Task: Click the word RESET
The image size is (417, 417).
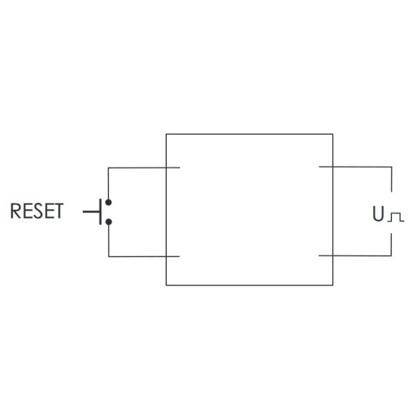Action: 36,211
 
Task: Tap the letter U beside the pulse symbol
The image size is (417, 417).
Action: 378,215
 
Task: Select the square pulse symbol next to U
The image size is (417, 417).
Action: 395,217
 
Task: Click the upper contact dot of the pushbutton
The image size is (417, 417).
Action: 108,202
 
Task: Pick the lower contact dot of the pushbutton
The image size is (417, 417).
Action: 108,222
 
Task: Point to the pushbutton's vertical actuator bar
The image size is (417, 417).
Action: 100,211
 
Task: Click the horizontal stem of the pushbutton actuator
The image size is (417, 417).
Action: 91,211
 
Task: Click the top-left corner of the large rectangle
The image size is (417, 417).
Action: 166,134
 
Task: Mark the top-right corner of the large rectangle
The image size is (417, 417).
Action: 333,134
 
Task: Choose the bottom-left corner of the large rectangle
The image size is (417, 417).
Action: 166,285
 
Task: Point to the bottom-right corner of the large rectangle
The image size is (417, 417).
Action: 333,285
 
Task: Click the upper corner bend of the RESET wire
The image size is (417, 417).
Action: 108,167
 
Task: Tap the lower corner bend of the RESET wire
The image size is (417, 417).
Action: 108,256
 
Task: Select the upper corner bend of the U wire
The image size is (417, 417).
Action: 392,167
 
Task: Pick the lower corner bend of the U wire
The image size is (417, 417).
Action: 392,256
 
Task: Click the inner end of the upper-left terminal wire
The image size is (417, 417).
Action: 179,167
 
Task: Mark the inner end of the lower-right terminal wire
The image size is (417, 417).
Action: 319,256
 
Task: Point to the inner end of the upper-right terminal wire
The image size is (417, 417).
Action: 319,167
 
